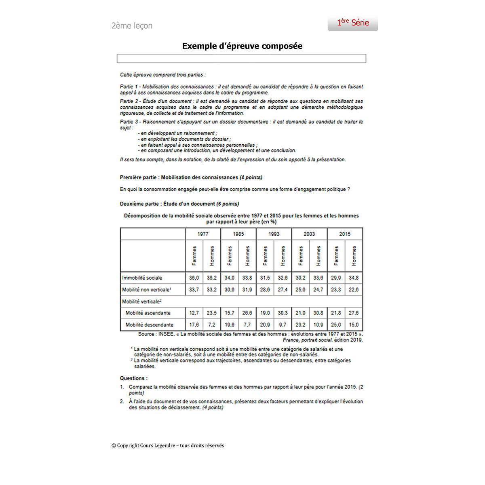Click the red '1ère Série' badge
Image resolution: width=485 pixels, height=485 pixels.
click(x=353, y=23)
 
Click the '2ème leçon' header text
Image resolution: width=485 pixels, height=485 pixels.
click(x=132, y=26)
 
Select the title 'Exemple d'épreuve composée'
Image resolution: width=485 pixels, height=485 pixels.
click(x=242, y=46)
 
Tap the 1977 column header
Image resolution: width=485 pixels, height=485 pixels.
click(x=203, y=234)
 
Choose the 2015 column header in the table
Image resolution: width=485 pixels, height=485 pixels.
click(x=345, y=234)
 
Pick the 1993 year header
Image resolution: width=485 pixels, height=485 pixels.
click(x=274, y=234)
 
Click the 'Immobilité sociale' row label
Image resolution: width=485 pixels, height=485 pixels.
click(x=142, y=278)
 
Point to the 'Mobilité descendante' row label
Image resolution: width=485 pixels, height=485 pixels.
click(x=149, y=325)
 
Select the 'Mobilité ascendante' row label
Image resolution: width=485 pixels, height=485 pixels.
click(x=148, y=313)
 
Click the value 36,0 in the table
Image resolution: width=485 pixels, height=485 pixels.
click(x=194, y=278)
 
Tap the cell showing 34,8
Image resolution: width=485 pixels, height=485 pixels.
click(x=354, y=278)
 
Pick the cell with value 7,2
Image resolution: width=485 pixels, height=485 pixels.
click(x=212, y=325)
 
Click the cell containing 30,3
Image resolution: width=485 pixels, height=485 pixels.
click(x=283, y=313)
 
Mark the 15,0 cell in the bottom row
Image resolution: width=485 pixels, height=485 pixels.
click(x=354, y=325)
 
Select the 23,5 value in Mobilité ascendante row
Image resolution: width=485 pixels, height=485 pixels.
click(x=212, y=313)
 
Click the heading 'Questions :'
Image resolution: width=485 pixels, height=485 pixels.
click(x=133, y=378)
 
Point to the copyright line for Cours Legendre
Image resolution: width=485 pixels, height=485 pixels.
click(x=168, y=445)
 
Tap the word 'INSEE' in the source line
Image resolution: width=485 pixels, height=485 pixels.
click(x=166, y=334)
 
